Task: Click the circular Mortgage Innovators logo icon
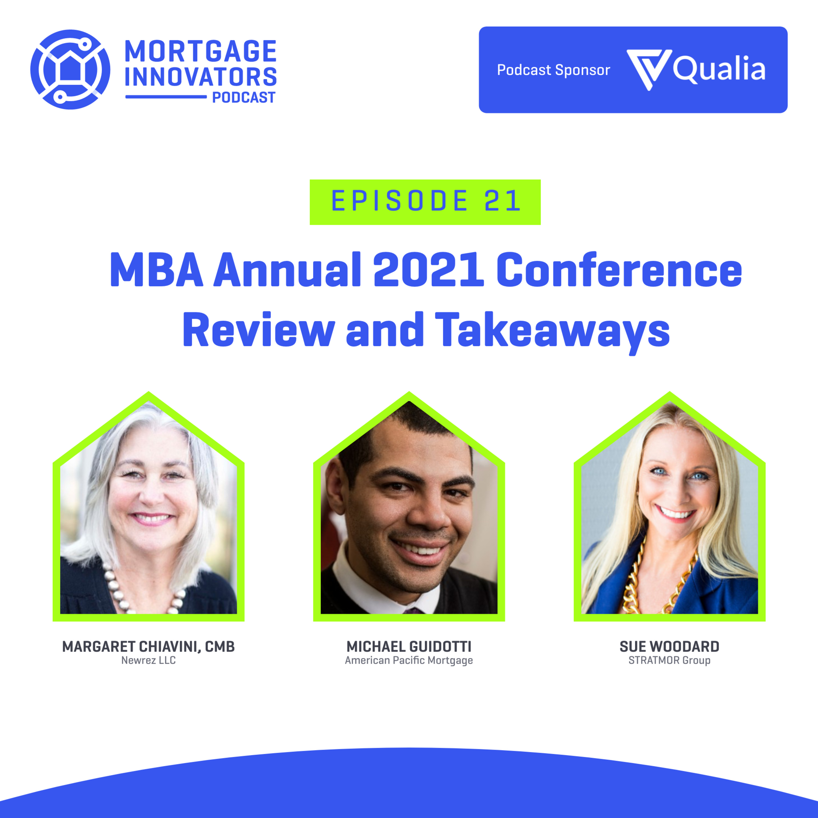click(70, 70)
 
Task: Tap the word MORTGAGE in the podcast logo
click(201, 51)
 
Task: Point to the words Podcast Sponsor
click(554, 70)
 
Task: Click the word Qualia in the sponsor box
click(719, 69)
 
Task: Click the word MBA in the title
click(156, 270)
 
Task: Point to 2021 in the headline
click(428, 270)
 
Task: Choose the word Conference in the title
click(619, 270)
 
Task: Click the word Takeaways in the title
click(552, 332)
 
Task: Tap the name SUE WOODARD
click(669, 646)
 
